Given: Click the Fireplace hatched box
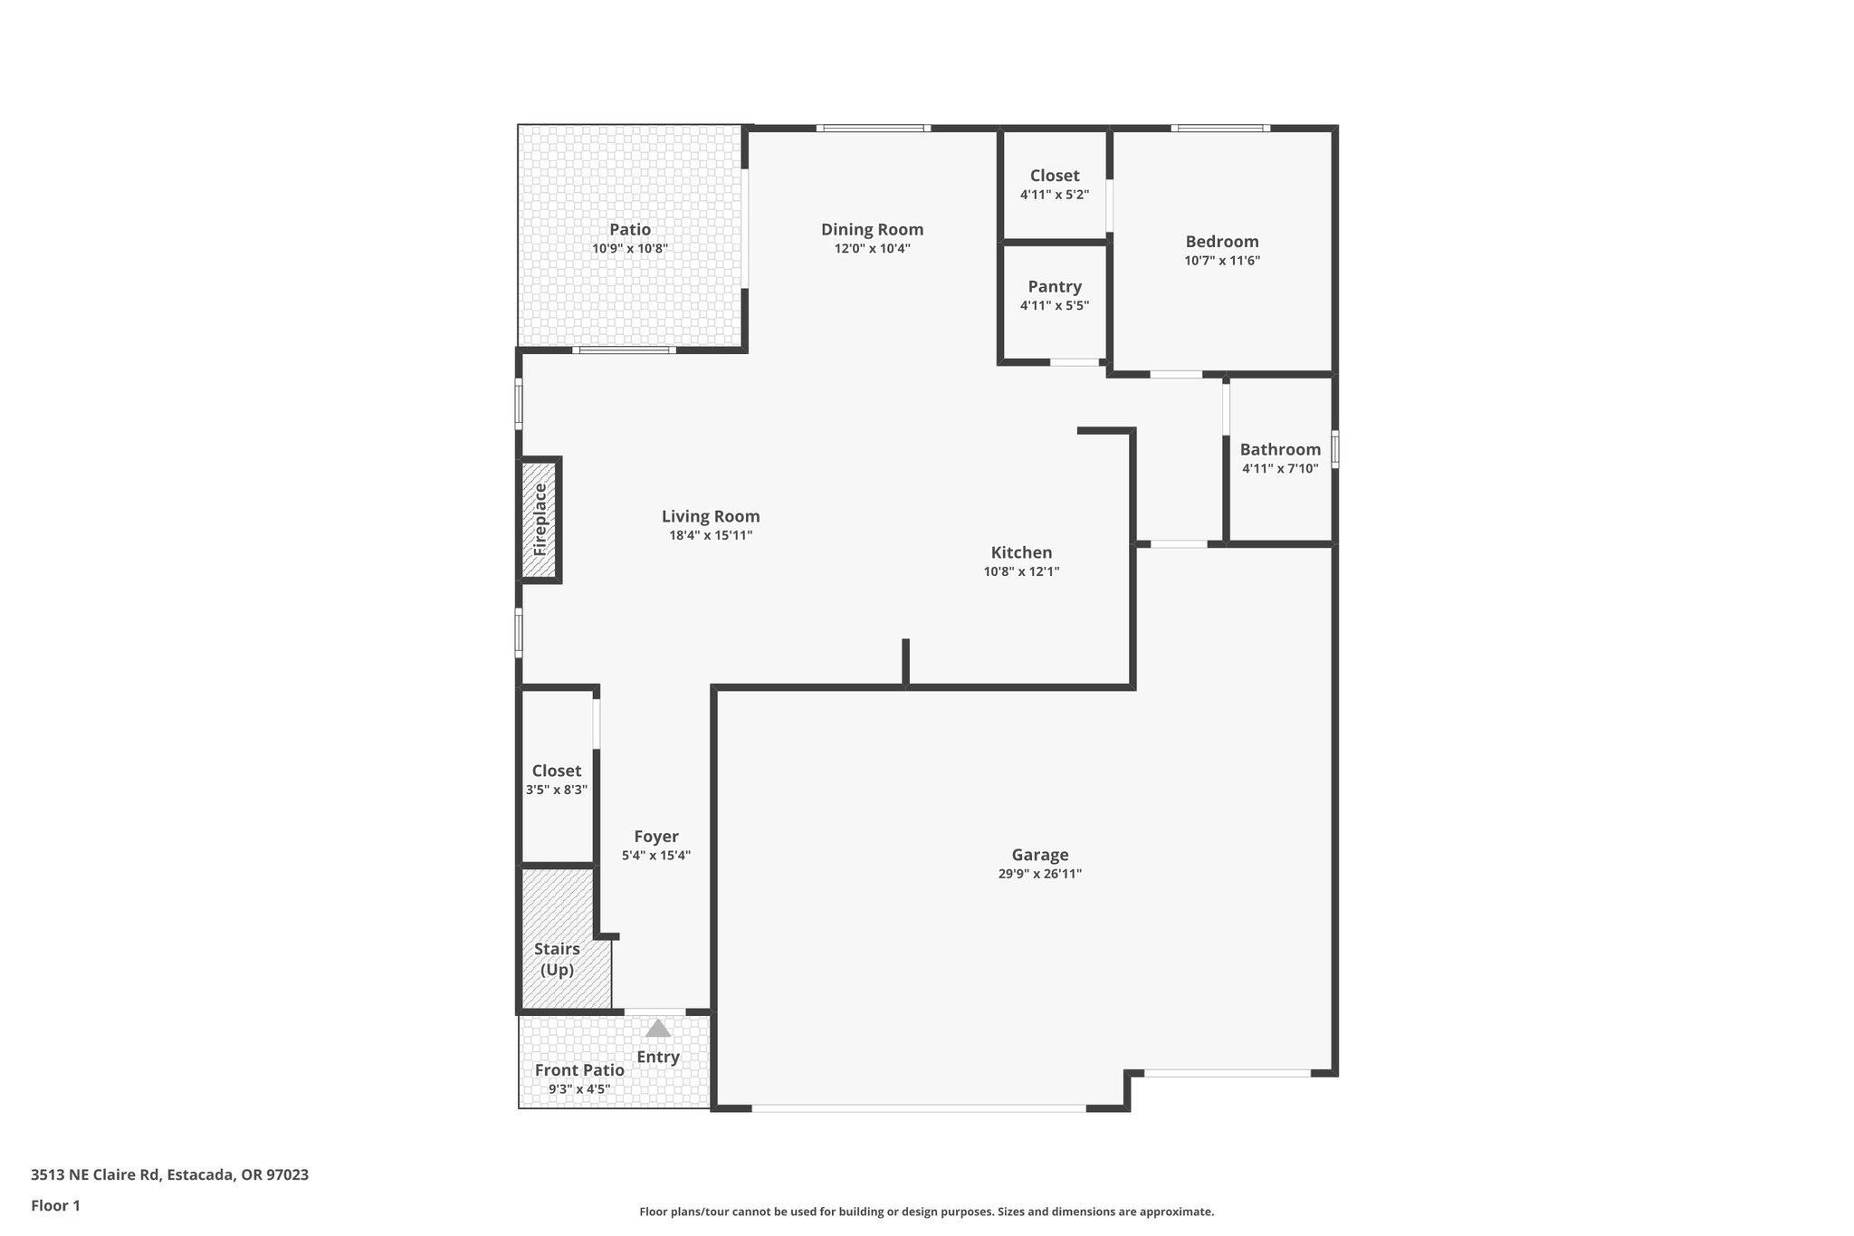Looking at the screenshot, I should [x=539, y=520].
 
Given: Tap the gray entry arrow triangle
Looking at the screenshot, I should [x=658, y=1028].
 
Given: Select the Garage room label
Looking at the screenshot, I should [x=1039, y=855].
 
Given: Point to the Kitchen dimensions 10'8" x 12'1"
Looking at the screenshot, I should [x=1021, y=571].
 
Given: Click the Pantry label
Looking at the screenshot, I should [x=1055, y=286].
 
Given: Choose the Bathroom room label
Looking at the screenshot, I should [x=1279, y=449].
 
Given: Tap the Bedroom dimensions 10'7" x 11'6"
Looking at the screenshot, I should [x=1221, y=261].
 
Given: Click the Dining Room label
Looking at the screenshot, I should [x=872, y=229].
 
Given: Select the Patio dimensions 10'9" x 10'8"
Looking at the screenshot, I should [x=629, y=248].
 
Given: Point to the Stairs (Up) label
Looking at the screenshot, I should [x=557, y=959].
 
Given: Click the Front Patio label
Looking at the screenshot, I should [x=579, y=1069].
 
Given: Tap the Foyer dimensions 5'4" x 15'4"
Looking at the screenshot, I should [x=655, y=856].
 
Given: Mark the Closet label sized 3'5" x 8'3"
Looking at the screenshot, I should [x=556, y=771].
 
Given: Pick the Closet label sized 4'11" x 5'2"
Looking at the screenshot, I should [x=1054, y=176].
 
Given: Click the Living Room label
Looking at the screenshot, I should [x=711, y=516].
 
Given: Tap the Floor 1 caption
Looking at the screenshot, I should [x=55, y=1205].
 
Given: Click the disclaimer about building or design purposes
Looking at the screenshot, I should [x=926, y=1212].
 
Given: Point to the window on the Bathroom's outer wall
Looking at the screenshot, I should [x=1335, y=449].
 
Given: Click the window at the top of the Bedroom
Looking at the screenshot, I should [x=1219, y=129].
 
